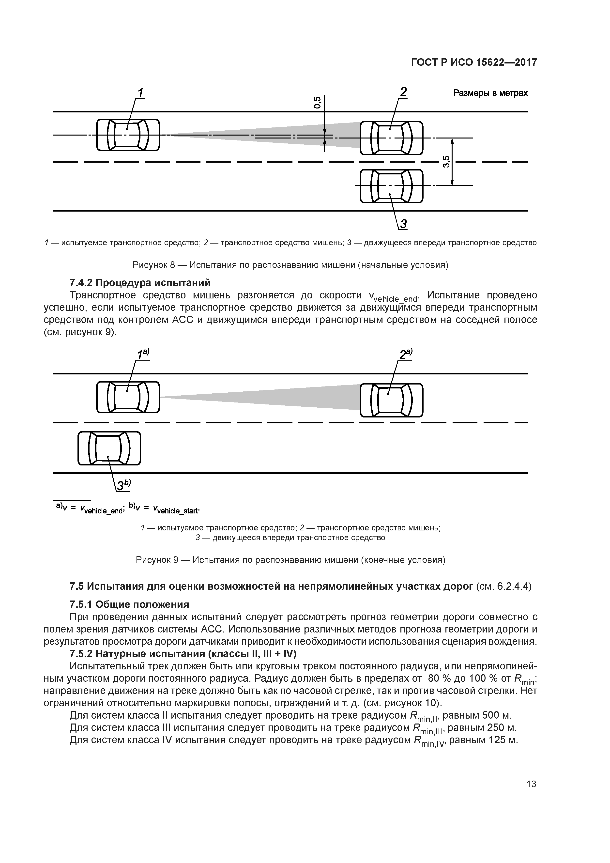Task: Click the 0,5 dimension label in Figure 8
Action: [318, 103]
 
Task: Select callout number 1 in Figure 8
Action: [140, 93]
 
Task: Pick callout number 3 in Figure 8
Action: [403, 224]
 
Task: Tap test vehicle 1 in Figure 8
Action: [128, 135]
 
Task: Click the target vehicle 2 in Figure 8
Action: [391, 138]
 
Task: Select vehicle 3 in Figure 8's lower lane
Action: [391, 186]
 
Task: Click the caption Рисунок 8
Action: [290, 265]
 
